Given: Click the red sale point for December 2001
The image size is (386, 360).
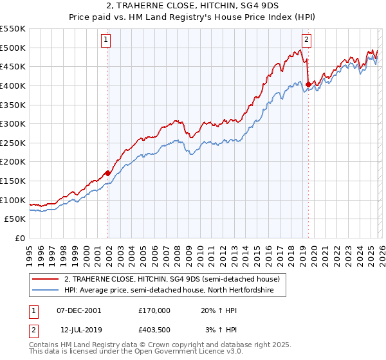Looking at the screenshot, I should pyautogui.click(x=107, y=173).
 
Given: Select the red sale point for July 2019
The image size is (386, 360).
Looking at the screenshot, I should pyautogui.click(x=308, y=84).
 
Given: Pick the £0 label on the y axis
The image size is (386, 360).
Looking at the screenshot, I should pyautogui.click(x=21, y=238).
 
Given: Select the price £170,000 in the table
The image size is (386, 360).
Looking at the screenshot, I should pyautogui.click(x=154, y=310).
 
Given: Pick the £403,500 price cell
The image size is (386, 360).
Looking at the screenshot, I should pyautogui.click(x=154, y=330).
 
